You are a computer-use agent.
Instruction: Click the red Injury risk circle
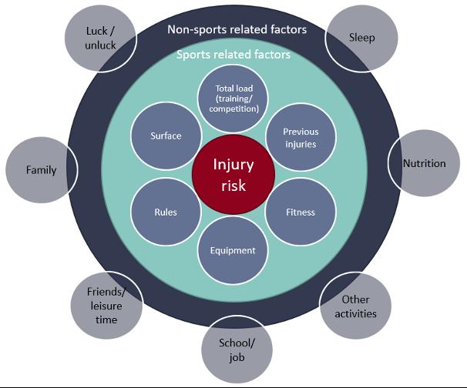[x=234, y=174]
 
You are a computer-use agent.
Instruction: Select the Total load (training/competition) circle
[x=234, y=99]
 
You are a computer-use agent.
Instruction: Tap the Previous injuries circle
[x=300, y=137]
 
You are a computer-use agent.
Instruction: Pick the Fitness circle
[x=300, y=212]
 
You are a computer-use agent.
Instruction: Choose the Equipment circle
[x=234, y=250]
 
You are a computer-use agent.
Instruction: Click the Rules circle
[x=166, y=212]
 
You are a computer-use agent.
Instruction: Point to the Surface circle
[x=166, y=136]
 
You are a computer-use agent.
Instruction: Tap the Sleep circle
[x=361, y=38]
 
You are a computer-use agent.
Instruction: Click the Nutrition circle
[x=424, y=164]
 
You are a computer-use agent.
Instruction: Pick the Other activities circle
[x=356, y=306]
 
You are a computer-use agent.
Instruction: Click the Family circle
[x=42, y=169]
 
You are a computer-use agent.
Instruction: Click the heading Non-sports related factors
[x=237, y=30]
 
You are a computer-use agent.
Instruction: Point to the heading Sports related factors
[x=234, y=55]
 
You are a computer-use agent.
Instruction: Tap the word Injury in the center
[x=234, y=164]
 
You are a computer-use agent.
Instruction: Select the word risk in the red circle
[x=234, y=185]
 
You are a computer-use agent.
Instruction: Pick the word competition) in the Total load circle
[x=234, y=109]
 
